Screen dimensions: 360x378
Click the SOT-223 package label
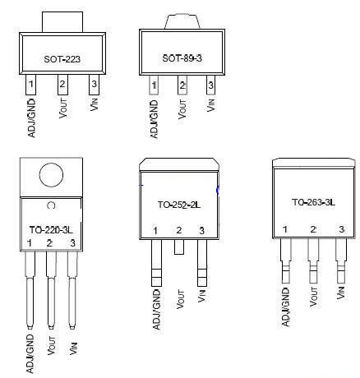(62, 59)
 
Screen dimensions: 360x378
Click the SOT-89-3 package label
(182, 58)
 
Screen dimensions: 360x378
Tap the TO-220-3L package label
(51, 230)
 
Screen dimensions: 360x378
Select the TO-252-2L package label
(178, 205)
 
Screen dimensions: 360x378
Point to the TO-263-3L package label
(313, 202)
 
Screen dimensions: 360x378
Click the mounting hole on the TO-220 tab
(51, 175)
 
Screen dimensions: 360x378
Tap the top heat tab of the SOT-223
(62, 22)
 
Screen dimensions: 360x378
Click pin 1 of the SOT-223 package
(30, 85)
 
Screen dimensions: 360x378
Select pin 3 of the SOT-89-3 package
(210, 85)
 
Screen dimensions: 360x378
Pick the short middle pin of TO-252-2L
(179, 247)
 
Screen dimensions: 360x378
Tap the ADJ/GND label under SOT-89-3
(154, 119)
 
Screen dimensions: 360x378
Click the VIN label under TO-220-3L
(73, 348)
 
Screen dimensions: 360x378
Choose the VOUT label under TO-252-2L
(180, 299)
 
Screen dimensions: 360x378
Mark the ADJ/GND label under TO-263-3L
(285, 307)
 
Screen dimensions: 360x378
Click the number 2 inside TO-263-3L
(313, 229)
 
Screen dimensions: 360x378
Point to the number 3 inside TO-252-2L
(201, 231)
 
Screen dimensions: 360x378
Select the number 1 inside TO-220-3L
(30, 242)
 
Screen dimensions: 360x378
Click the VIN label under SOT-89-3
(210, 104)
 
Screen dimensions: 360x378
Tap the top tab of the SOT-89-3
(182, 21)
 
